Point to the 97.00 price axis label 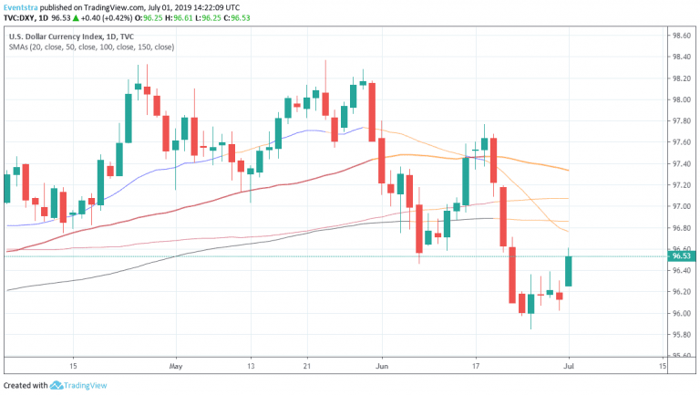point(682,206)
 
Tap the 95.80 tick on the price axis point(682,335)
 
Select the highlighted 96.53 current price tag point(683,257)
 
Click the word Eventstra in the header point(25,5)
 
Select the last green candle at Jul point(569,271)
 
